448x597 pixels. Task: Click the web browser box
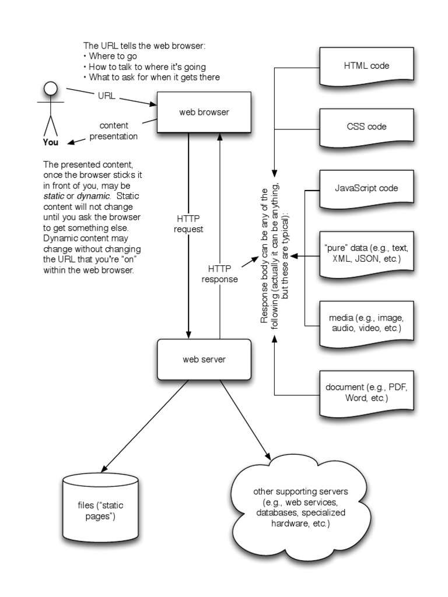[x=204, y=112]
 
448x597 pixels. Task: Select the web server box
[x=204, y=359]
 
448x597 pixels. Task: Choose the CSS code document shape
[x=366, y=127]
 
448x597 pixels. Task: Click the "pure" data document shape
[x=366, y=252]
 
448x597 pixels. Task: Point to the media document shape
[x=366, y=322]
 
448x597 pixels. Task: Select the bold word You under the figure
[x=51, y=141]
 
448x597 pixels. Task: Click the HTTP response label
[x=219, y=273]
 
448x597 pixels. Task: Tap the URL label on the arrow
[x=106, y=95]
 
